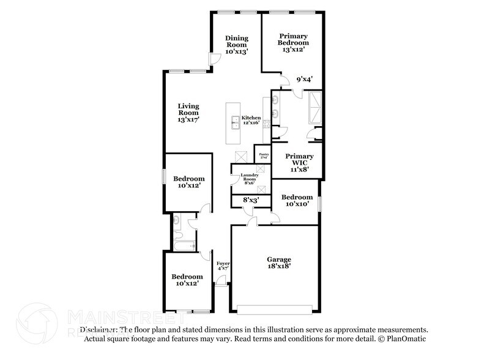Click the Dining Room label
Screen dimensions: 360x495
pyautogui.click(x=236, y=45)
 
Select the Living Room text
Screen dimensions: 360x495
pyautogui.click(x=188, y=113)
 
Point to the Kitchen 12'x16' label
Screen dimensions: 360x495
pyautogui.click(x=251, y=120)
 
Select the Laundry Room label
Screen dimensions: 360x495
pyautogui.click(x=249, y=178)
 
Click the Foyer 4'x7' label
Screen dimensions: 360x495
pyautogui.click(x=223, y=266)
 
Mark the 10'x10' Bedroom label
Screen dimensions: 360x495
pyautogui.click(x=297, y=200)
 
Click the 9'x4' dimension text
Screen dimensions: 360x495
pyautogui.click(x=304, y=79)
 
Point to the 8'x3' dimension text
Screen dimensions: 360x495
pyautogui.click(x=251, y=200)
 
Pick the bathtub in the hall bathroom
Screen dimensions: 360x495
pyautogui.click(x=182, y=247)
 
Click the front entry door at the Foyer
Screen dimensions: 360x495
pyautogui.click(x=219, y=283)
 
